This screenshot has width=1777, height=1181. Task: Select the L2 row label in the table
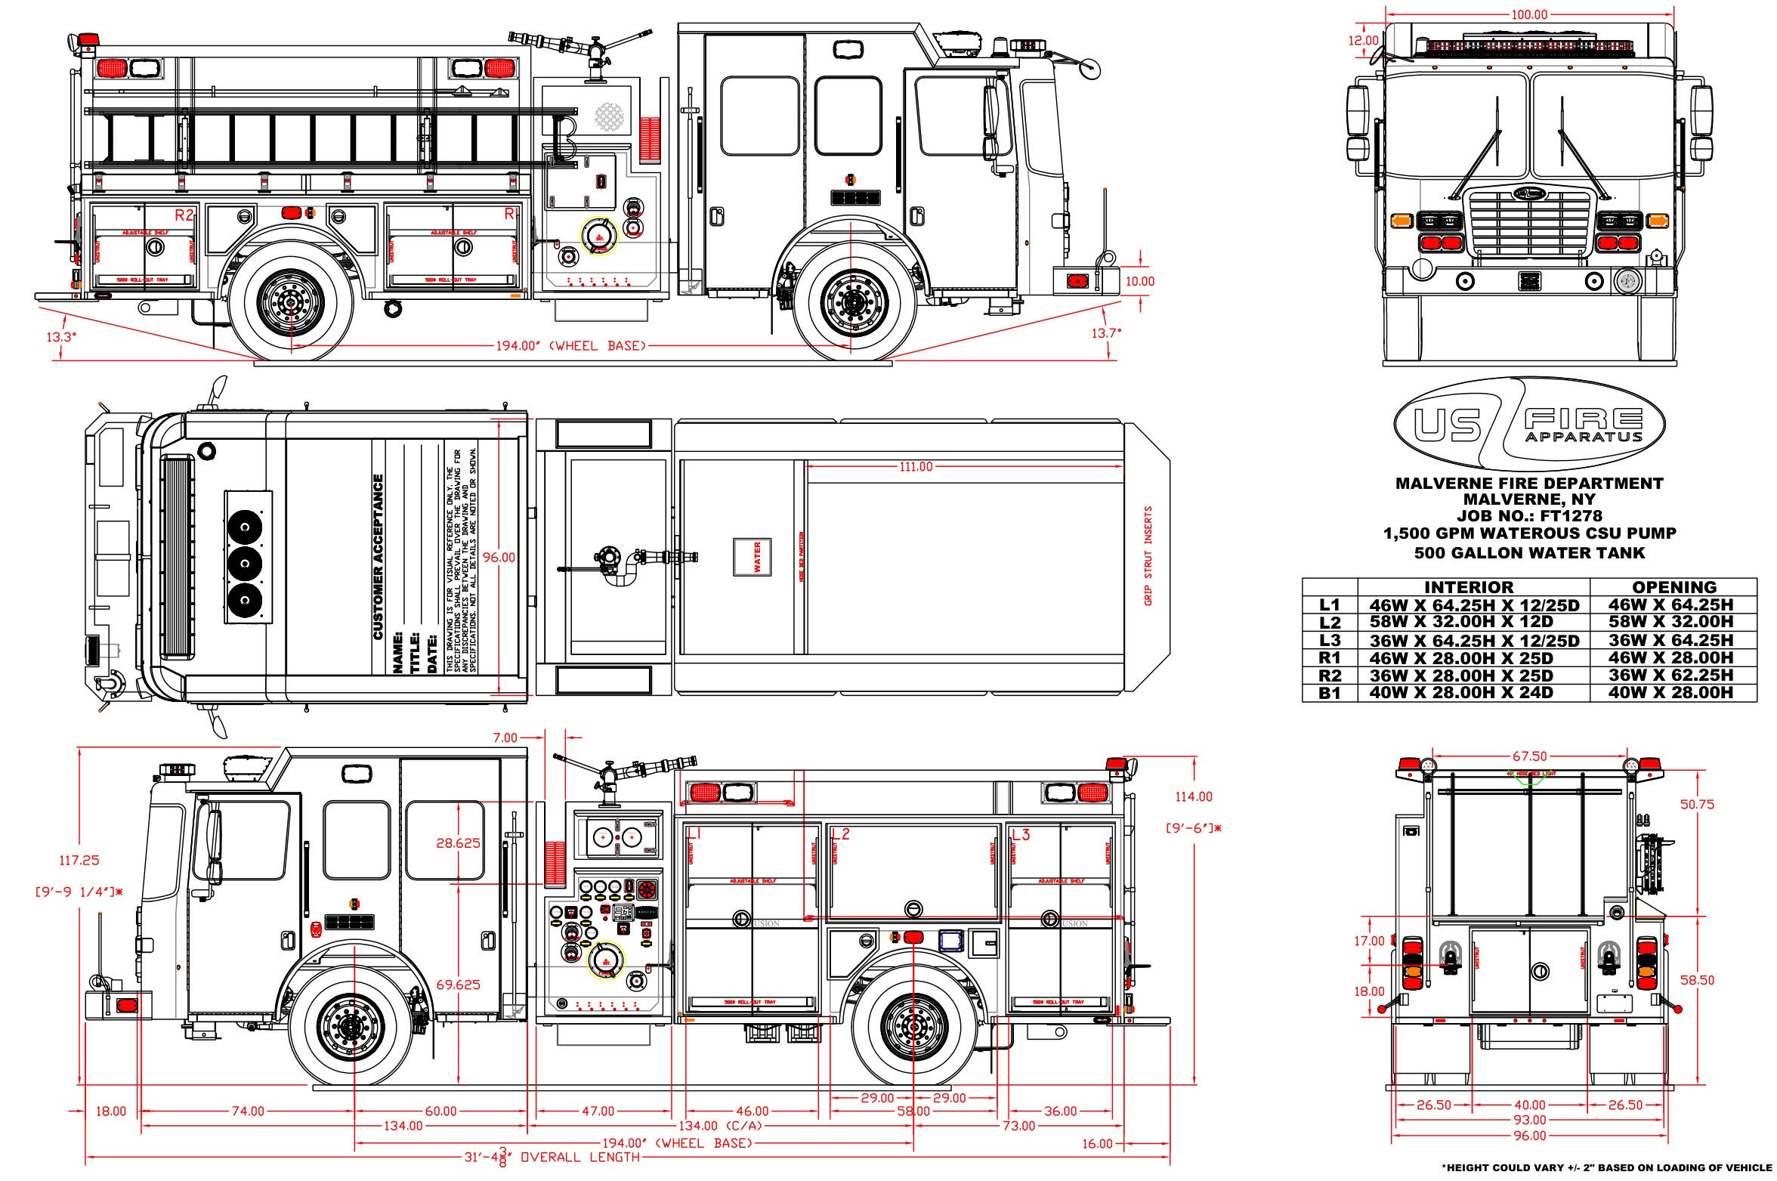pos(1330,623)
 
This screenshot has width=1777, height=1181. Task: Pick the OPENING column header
pos(1673,587)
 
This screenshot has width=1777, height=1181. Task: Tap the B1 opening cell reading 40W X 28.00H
pos(1670,693)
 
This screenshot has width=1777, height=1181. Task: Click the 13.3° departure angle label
pos(62,336)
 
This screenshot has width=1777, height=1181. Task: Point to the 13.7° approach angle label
pos(1106,332)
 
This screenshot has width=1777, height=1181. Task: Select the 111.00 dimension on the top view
pos(916,467)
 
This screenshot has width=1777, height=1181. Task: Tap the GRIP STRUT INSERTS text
pos(1148,555)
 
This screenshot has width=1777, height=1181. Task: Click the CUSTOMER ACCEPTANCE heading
pos(379,557)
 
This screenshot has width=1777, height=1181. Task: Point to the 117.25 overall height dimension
pos(79,860)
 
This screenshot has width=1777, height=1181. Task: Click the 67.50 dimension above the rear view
pos(1529,756)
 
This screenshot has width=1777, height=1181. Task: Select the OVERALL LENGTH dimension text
pos(581,1157)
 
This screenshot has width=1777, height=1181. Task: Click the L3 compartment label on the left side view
pos(1020,835)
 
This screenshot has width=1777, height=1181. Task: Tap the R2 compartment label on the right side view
pos(184,215)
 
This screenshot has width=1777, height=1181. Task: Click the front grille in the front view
pos(1529,223)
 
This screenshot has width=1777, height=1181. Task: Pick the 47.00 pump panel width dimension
pos(598,1111)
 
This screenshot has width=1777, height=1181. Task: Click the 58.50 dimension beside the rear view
pos(1697,980)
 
